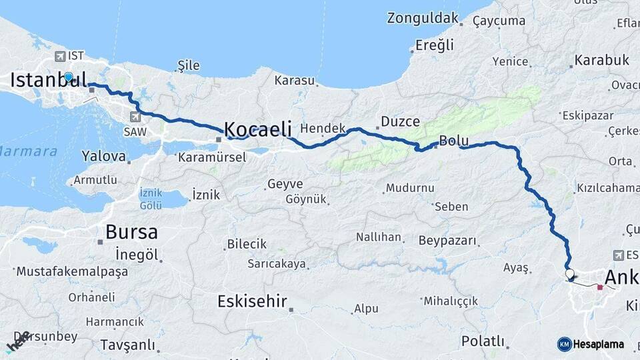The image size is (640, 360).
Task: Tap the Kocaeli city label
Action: point(257,129)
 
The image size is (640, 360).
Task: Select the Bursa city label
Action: point(132,233)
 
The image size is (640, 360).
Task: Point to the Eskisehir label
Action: point(252,302)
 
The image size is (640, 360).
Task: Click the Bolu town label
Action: point(454,141)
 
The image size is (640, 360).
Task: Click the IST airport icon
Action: point(61,56)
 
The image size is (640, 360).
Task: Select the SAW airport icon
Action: point(135,117)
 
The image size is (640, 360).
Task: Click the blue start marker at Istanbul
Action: point(68,77)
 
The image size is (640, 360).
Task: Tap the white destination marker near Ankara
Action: point(569,273)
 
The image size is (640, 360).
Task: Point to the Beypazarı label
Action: point(449,240)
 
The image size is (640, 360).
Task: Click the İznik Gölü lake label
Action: point(151,197)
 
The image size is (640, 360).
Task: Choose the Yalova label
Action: point(103,157)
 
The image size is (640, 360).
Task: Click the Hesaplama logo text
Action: point(598,344)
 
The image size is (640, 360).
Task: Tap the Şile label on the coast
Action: point(189,65)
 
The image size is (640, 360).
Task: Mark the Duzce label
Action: point(400,122)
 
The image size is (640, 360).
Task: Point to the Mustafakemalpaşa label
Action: point(72,272)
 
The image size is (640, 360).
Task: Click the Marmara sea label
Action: point(28,151)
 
